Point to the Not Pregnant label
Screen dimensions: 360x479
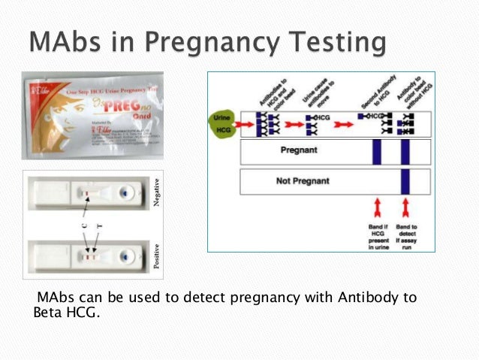tap(302, 181)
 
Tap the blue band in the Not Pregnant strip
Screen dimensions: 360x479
tap(405, 181)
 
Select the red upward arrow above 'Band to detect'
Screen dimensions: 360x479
tap(406, 207)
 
